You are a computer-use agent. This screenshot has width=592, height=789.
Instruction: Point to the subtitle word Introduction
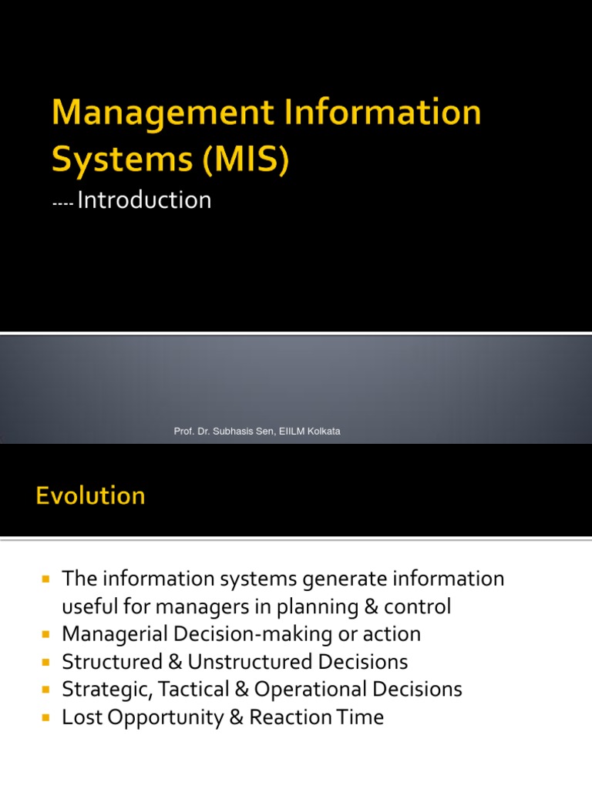pyautogui.click(x=144, y=200)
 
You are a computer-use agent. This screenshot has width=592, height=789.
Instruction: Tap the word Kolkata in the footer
pyautogui.click(x=323, y=431)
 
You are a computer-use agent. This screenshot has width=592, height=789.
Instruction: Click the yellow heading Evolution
pyautogui.click(x=90, y=495)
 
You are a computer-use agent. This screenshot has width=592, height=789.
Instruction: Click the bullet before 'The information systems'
pyautogui.click(x=45, y=579)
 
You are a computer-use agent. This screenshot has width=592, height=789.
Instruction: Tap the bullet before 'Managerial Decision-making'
pyautogui.click(x=45, y=634)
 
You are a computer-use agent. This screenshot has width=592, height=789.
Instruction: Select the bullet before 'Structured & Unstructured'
pyautogui.click(x=45, y=662)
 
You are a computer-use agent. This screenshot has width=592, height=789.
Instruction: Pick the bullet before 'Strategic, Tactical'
pyautogui.click(x=45, y=690)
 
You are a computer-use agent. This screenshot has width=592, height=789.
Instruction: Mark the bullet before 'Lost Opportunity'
pyautogui.click(x=45, y=717)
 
